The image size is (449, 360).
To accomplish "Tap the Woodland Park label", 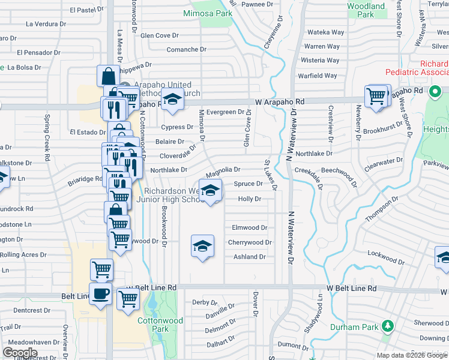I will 366,10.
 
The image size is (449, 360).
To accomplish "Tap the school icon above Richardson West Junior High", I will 210,191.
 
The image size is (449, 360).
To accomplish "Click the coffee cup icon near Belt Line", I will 101,293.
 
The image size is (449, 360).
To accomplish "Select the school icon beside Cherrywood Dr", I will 203,246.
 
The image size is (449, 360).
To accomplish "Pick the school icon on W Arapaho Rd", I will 172,100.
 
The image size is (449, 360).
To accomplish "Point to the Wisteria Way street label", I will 320,61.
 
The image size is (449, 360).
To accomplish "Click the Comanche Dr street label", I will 186,50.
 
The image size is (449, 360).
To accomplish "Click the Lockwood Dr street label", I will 386,257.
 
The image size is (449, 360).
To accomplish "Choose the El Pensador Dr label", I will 38,53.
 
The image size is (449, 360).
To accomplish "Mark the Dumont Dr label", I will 293,346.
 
